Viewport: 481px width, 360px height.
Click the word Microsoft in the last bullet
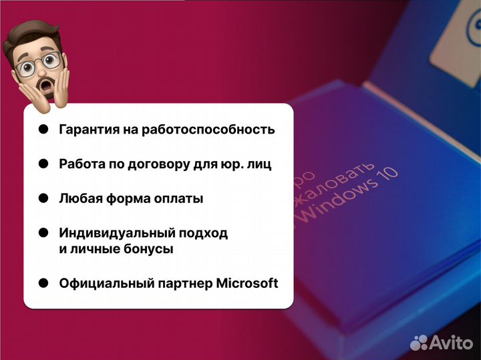pyautogui.click(x=247, y=283)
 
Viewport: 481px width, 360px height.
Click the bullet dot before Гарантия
pyautogui.click(x=43, y=130)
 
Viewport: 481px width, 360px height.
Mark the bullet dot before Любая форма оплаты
pyautogui.click(x=43, y=198)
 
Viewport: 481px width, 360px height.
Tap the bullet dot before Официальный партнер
pyautogui.click(x=43, y=283)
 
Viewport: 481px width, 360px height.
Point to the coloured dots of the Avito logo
pyautogui.click(x=420, y=343)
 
